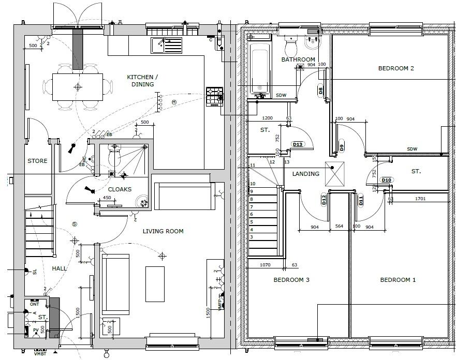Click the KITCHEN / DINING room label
click(x=142, y=81)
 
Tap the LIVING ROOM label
click(x=163, y=231)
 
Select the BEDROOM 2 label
click(x=396, y=68)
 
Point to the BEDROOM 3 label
click(x=291, y=280)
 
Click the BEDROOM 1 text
click(x=398, y=280)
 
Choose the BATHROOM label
click(x=298, y=60)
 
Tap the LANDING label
click(x=306, y=174)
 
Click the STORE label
click(x=37, y=161)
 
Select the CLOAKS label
click(x=120, y=189)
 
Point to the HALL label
click(x=60, y=268)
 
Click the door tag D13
click(x=297, y=144)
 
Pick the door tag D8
click(x=321, y=91)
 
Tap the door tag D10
click(x=386, y=180)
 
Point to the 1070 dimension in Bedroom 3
click(x=265, y=265)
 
